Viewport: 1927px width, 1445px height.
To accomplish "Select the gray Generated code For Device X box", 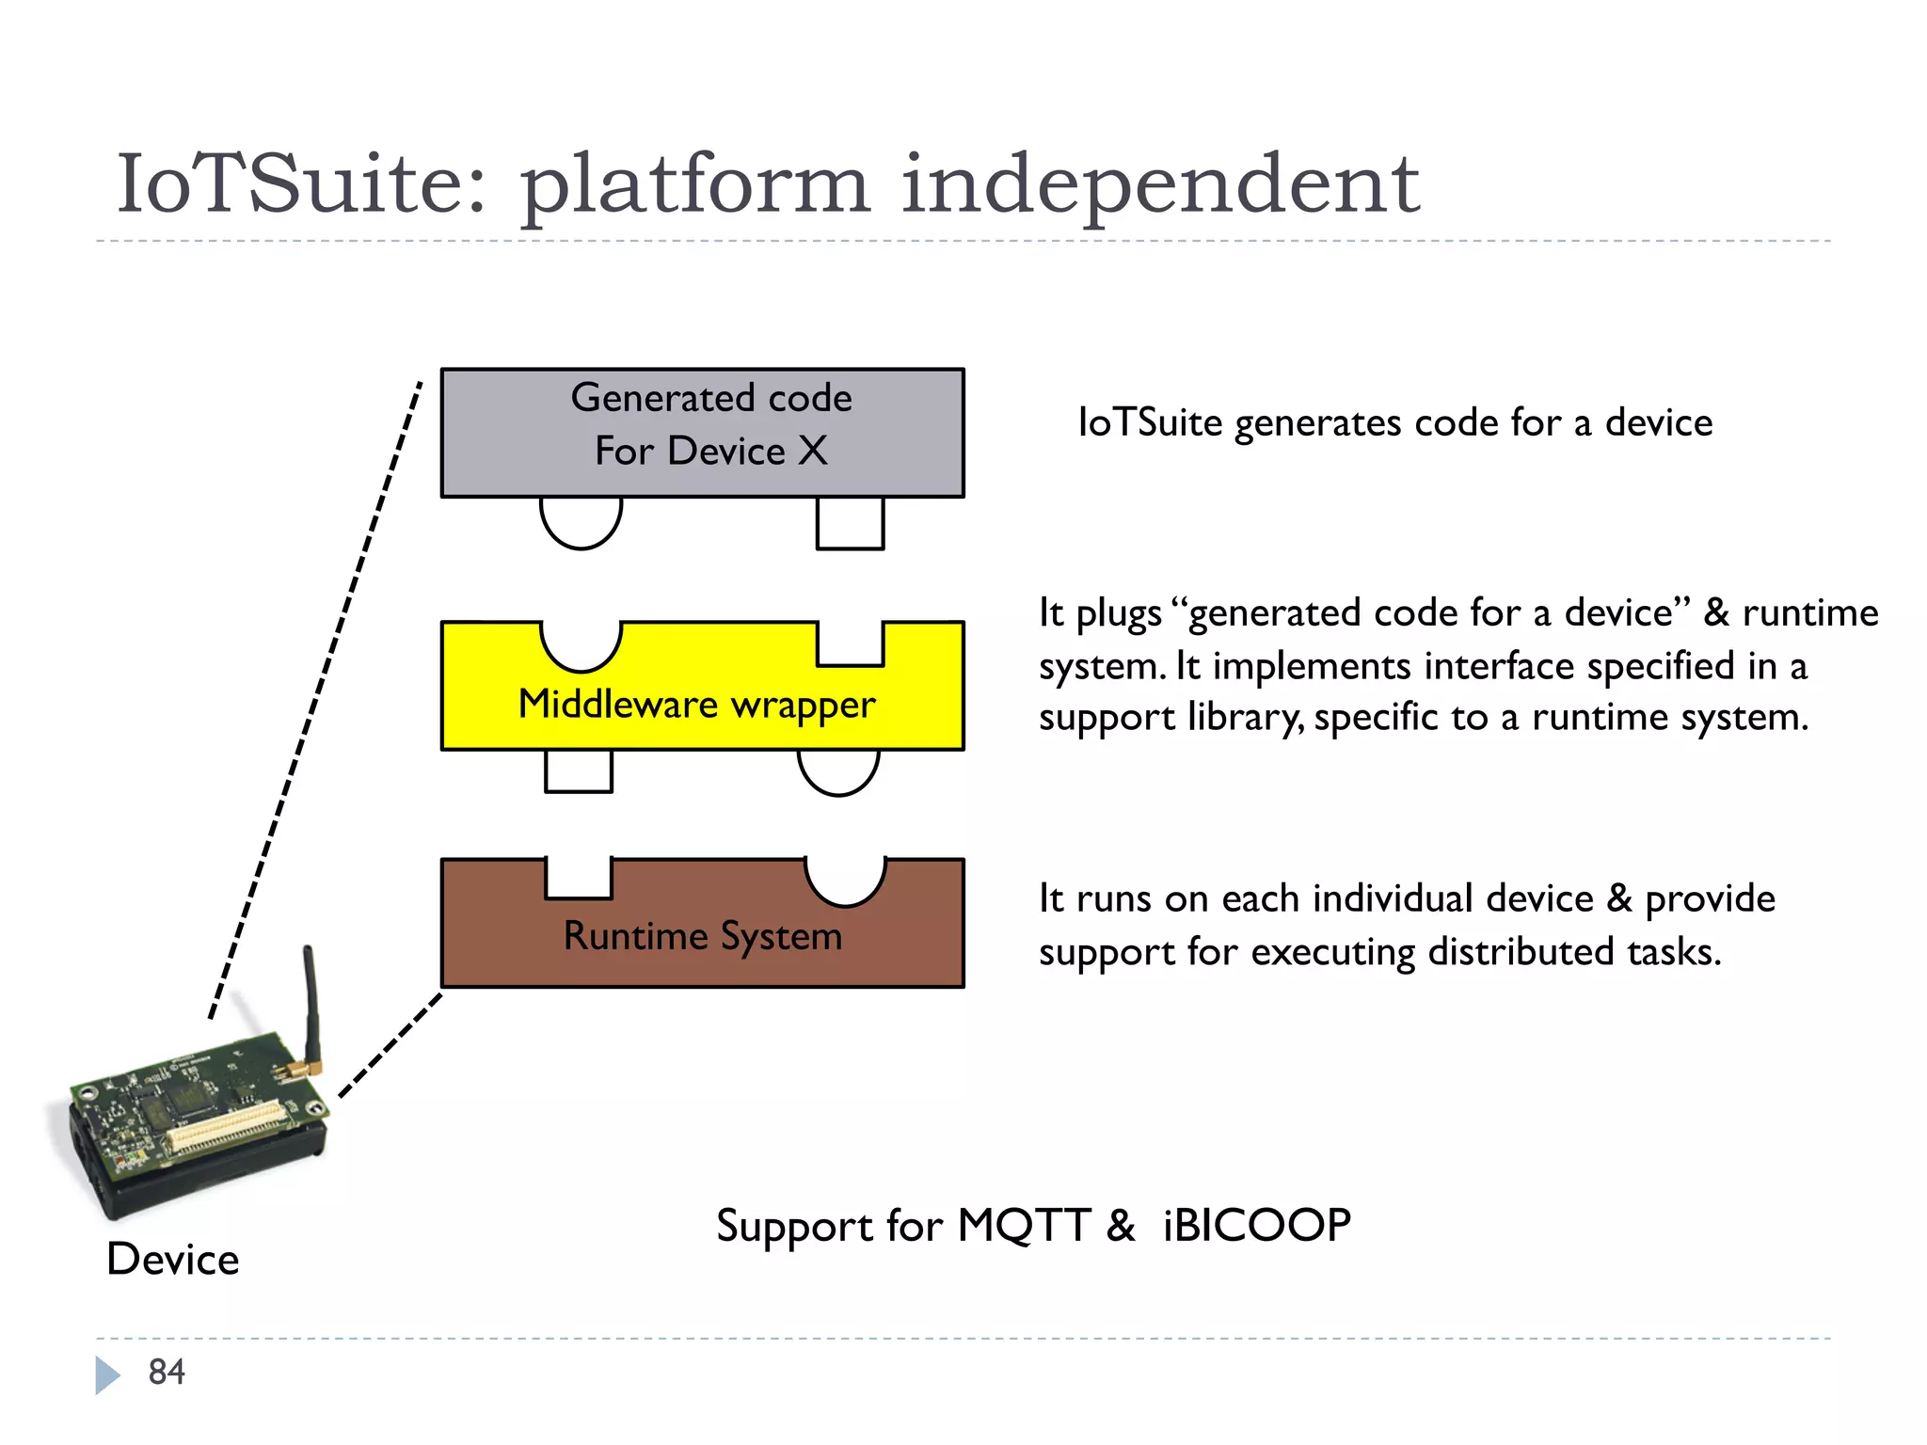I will [702, 432].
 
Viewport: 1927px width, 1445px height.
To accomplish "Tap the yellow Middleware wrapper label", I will [696, 705].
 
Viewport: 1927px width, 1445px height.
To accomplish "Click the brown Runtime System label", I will [702, 936].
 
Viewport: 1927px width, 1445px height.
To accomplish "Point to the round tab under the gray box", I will [581, 522].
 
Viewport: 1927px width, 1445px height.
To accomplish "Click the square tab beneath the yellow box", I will [578, 770].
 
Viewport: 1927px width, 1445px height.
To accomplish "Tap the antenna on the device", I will [310, 1007].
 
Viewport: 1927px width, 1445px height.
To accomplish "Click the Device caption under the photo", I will [173, 1259].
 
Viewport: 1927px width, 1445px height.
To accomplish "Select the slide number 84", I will [167, 1372].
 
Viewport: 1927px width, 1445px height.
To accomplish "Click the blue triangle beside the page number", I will [107, 1374].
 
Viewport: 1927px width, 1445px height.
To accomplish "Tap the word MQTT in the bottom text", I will [1024, 1226].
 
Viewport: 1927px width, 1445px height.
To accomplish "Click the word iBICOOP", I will [1257, 1226].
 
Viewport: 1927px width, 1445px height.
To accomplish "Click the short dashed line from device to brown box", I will [390, 1045].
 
